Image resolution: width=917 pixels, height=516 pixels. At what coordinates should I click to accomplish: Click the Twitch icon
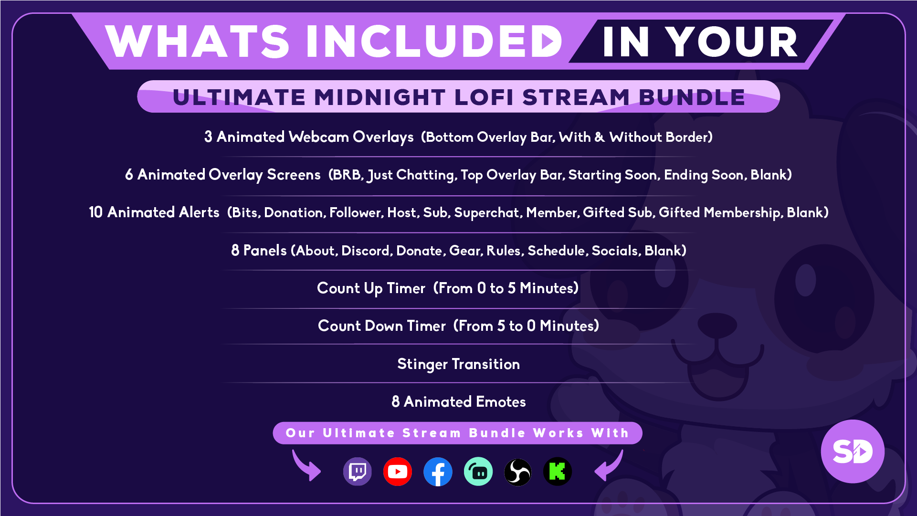pos(358,472)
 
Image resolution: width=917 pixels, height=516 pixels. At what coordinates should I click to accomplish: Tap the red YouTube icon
pos(398,472)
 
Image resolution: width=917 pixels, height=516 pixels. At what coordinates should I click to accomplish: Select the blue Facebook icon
pos(438,472)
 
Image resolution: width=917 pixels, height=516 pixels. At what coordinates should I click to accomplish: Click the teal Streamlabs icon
pos(478,472)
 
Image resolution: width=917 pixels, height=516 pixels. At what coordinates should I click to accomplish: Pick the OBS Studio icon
pos(518,472)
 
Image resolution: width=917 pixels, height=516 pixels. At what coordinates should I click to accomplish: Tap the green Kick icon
pos(558,472)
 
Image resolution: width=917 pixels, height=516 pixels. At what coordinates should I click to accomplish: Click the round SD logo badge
pos(853,451)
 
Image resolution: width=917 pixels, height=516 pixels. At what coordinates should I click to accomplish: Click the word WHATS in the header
pos(197,42)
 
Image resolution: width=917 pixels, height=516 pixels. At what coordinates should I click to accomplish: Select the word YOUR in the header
pos(732,42)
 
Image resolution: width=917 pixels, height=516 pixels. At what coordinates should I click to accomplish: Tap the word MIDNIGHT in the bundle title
pos(379,97)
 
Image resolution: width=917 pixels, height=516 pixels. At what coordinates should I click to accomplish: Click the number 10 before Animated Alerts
pos(95,212)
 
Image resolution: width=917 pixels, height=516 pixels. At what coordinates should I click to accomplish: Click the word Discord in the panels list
pos(367,251)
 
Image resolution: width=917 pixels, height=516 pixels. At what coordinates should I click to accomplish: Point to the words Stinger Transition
pos(458,364)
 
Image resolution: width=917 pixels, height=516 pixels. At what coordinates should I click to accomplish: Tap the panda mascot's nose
pos(717,325)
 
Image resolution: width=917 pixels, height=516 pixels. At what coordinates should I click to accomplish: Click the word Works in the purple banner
pos(558,433)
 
